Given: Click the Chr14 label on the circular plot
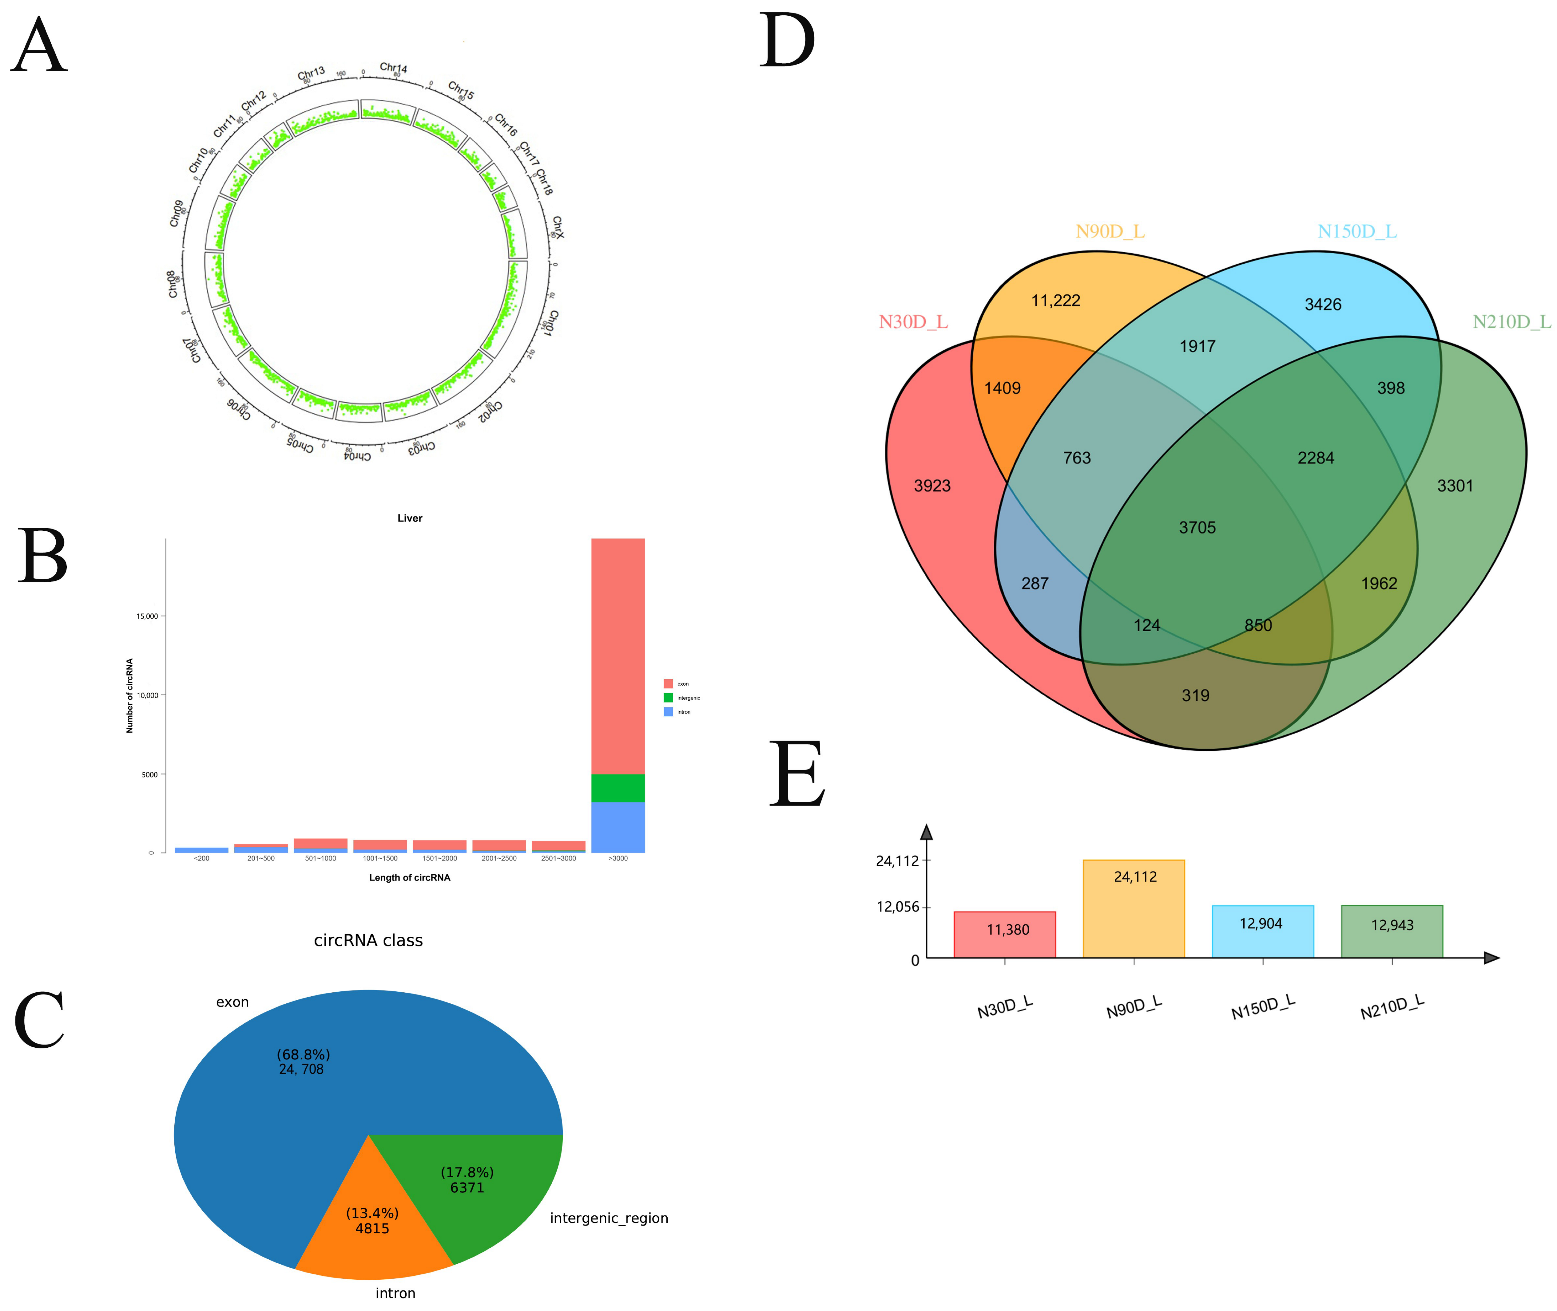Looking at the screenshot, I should pos(393,68).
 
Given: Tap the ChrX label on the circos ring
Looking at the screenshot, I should pos(558,227).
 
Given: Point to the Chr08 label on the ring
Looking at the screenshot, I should pos(173,284).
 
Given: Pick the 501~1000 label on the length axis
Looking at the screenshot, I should pos(320,858).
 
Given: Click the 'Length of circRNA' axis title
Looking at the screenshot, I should pos(410,878).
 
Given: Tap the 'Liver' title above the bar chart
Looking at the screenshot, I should pos(410,518).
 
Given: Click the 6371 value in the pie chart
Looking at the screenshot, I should pos(467,1188).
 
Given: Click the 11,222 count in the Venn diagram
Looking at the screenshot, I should pos(1056,300).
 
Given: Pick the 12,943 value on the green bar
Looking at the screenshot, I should pos(1392,925).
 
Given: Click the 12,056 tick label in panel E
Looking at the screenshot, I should pos(897,907).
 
